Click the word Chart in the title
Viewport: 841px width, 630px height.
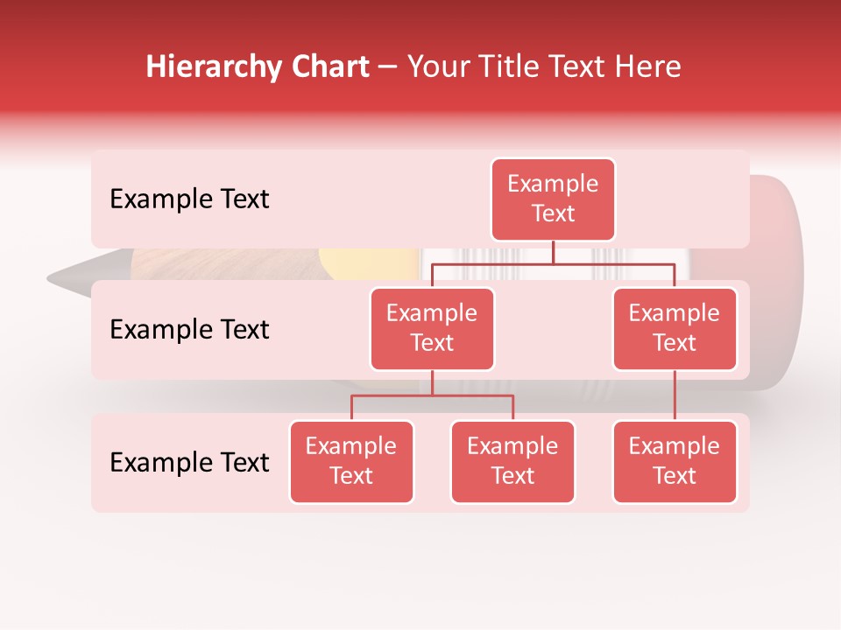click(x=330, y=67)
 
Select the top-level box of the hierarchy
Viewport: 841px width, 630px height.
click(x=553, y=199)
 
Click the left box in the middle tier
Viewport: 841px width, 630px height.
click(x=432, y=328)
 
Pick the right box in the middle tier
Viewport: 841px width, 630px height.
click(x=675, y=328)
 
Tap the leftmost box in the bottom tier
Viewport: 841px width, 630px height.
click(x=351, y=461)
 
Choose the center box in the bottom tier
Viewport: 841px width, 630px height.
click(x=512, y=461)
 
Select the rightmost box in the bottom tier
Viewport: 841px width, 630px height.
click(x=675, y=461)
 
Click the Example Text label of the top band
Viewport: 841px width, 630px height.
click(x=189, y=199)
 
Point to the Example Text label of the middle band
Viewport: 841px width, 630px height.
click(x=189, y=330)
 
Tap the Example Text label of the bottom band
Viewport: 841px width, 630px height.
click(x=189, y=463)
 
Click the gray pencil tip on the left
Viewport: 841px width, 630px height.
click(x=70, y=277)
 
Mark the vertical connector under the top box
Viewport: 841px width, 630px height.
click(x=553, y=252)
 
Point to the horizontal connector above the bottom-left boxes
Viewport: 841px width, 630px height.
click(x=432, y=395)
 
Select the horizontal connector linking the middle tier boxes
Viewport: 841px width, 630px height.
click(x=553, y=263)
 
